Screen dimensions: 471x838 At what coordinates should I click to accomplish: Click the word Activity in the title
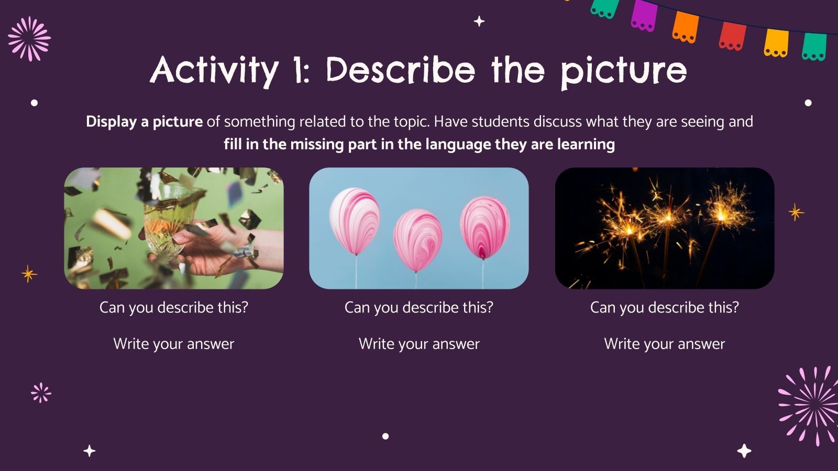pyautogui.click(x=214, y=70)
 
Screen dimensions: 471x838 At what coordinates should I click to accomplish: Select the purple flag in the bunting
pyautogui.click(x=644, y=15)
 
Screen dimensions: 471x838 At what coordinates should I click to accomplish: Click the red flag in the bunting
pyautogui.click(x=732, y=36)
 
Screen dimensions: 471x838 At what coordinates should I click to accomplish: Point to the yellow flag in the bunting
pyautogui.click(x=776, y=42)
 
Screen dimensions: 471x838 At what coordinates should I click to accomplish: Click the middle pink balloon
pyautogui.click(x=417, y=240)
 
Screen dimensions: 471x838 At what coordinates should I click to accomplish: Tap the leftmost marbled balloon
pyautogui.click(x=355, y=220)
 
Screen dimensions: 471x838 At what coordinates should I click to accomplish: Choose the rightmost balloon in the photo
pyautogui.click(x=484, y=227)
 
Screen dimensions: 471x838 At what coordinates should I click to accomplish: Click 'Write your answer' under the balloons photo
pyautogui.click(x=419, y=344)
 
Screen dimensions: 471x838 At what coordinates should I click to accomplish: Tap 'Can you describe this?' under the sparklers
pyautogui.click(x=664, y=307)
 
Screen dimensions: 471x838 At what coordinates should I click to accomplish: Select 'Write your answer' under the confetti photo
pyautogui.click(x=173, y=344)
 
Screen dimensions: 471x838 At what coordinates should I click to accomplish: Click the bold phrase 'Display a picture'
pyautogui.click(x=144, y=121)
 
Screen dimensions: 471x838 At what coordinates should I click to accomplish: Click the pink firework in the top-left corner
pyautogui.click(x=29, y=38)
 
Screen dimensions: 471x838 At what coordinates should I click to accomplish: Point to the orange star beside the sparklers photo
pyautogui.click(x=796, y=212)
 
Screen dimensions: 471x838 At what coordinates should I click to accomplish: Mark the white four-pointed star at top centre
pyautogui.click(x=479, y=21)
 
